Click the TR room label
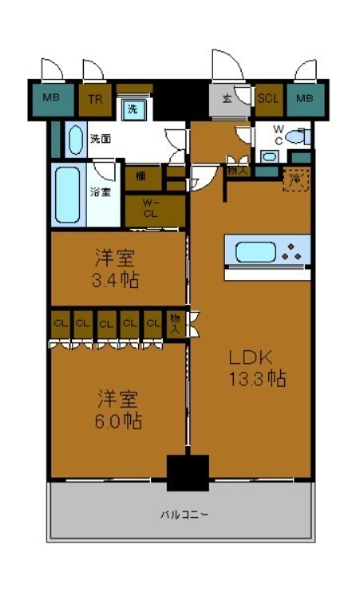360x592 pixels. [95, 99]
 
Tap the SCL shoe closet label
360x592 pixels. [267, 99]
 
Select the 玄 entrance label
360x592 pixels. [227, 99]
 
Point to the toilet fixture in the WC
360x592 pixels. [297, 137]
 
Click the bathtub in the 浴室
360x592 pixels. [69, 193]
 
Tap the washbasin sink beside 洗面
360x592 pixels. [75, 140]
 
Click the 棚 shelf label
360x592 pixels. [142, 176]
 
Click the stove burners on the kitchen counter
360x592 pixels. [291, 251]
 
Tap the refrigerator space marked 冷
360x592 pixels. [293, 179]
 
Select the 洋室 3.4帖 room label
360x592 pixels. [116, 269]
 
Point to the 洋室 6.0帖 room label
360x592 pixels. [116, 408]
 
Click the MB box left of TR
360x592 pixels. [50, 99]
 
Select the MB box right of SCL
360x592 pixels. [305, 99]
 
